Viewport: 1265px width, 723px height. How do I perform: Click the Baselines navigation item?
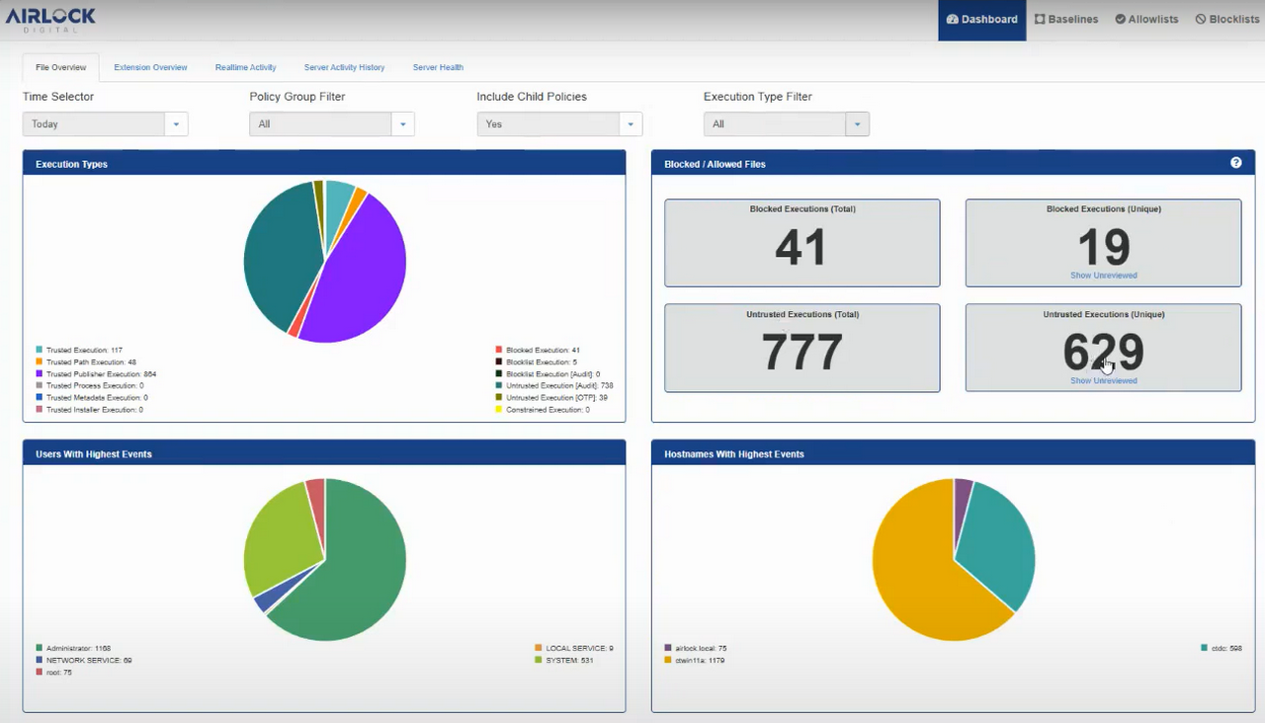(x=1066, y=19)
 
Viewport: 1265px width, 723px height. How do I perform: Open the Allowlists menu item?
(x=1146, y=19)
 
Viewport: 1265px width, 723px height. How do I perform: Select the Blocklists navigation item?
(x=1226, y=19)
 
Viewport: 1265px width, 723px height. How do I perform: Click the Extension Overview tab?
(x=150, y=67)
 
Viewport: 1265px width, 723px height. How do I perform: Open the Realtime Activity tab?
(x=245, y=67)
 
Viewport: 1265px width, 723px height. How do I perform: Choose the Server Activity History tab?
(x=344, y=67)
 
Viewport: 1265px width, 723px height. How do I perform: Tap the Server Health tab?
(x=438, y=67)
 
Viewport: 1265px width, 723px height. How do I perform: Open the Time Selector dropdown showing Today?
(x=105, y=124)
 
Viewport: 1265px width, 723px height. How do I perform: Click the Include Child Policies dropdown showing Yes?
(x=559, y=124)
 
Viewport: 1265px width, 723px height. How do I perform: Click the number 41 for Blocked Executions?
(x=801, y=247)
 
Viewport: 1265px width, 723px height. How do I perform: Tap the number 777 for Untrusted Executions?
(x=801, y=353)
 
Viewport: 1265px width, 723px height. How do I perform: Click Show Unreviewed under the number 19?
(x=1103, y=276)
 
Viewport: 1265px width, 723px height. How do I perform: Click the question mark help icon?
(x=1235, y=163)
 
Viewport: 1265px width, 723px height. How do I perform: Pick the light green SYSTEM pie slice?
(x=277, y=543)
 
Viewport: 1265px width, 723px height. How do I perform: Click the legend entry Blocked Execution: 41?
(x=542, y=351)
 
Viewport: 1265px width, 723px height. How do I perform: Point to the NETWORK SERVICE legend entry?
(x=88, y=660)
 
